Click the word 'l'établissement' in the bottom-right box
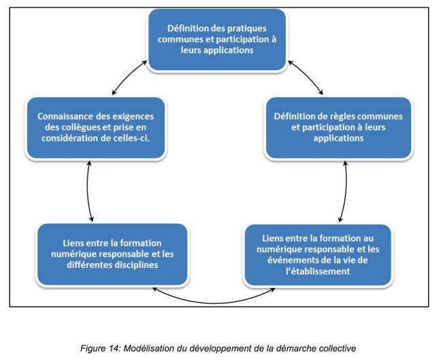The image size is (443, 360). [x=318, y=272]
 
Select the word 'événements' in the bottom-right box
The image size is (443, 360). [x=291, y=260]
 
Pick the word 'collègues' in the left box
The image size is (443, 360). [x=80, y=127]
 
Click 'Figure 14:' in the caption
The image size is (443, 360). [x=101, y=348]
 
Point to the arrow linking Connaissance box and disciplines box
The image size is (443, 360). [x=87, y=191]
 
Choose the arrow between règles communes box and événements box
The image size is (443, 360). [x=346, y=191]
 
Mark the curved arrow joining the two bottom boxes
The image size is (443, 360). [x=214, y=303]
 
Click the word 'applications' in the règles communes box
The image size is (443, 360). [x=338, y=138]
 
